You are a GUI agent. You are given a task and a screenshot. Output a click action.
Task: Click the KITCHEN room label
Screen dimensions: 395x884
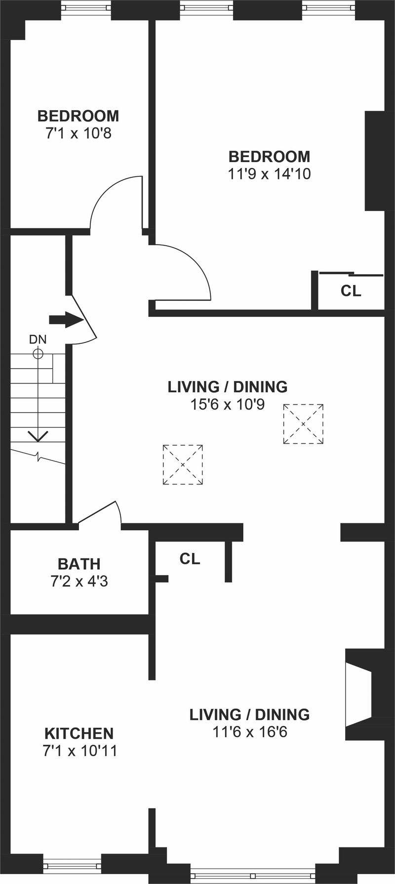click(x=79, y=733)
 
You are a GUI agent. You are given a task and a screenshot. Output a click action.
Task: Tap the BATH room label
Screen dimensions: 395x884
click(x=79, y=564)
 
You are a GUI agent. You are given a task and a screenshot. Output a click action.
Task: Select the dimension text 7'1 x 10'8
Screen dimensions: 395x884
click(x=79, y=133)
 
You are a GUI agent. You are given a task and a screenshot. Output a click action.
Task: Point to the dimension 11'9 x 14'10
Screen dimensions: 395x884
click(x=269, y=174)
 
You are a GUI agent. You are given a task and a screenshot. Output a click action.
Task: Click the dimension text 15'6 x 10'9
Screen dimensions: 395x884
click(x=228, y=404)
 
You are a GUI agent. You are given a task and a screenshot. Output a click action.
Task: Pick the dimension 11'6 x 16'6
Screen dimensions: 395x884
click(x=250, y=732)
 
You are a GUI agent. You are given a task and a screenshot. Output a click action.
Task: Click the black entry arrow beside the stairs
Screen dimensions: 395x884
click(x=66, y=320)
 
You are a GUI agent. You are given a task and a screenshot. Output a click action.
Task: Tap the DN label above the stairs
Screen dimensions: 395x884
click(x=38, y=339)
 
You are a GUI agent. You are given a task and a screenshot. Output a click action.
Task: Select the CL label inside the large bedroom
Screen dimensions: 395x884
click(x=351, y=291)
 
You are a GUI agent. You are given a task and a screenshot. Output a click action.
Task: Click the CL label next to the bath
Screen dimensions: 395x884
click(x=190, y=559)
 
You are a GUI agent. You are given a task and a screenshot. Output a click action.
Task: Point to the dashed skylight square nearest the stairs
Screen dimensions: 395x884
click(x=183, y=464)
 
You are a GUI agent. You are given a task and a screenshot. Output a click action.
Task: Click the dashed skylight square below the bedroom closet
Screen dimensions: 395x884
click(x=303, y=424)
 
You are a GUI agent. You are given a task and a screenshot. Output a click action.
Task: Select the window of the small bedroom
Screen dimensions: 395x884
click(x=86, y=8)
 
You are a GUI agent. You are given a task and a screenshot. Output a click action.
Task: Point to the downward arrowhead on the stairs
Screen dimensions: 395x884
click(x=38, y=436)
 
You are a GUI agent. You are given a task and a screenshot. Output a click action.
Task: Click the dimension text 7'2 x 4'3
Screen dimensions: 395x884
click(x=79, y=581)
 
